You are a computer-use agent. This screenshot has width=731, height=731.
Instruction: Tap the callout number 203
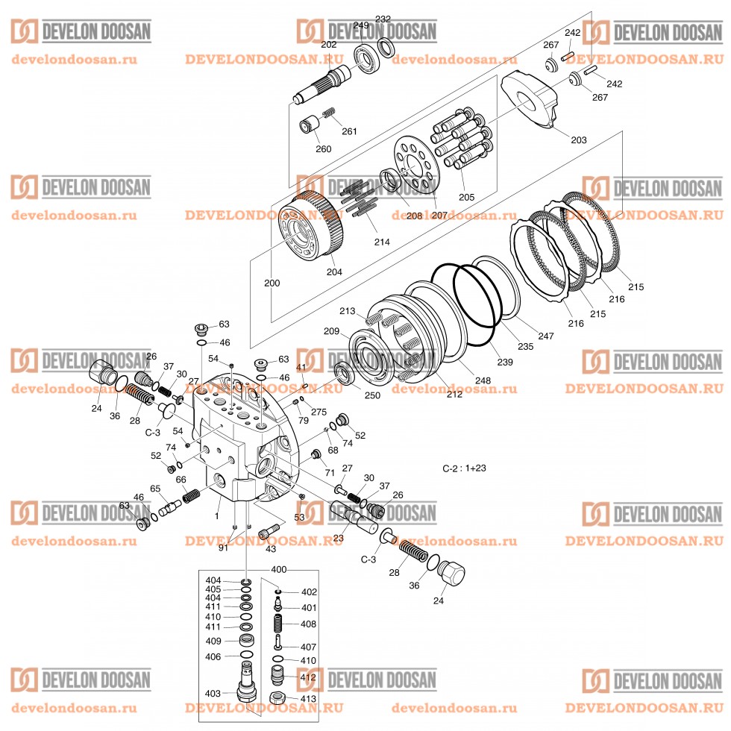pos(578,139)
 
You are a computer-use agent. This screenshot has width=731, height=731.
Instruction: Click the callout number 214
pos(382,242)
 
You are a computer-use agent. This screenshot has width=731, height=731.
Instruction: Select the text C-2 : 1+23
pos(465,468)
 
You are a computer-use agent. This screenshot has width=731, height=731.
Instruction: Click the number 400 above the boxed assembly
pos(278,569)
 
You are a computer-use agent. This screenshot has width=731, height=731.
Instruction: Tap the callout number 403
pos(213,693)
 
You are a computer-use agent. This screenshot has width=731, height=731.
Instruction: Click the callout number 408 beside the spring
pos(309,624)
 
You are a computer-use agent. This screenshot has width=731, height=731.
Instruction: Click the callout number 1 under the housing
pos(216,516)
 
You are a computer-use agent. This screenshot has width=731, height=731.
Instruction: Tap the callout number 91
pos(223,548)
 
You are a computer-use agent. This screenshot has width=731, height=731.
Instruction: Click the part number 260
pos(322,148)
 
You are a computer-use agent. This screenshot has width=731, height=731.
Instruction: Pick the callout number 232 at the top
pos(383,19)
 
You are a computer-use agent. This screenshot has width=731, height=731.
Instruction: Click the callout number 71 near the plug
pos(329,473)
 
